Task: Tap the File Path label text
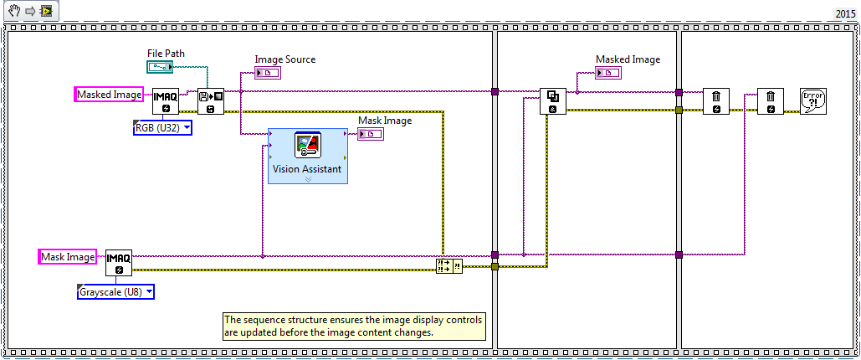pos(166,53)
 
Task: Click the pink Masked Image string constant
pos(109,95)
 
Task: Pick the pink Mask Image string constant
pos(68,256)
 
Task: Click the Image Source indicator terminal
pos(269,73)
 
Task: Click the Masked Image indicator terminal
pos(608,73)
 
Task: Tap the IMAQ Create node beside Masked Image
pos(166,101)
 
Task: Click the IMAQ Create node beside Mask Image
pos(119,263)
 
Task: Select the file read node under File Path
pos(210,101)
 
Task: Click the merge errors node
pos(448,265)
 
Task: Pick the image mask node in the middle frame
pos(552,101)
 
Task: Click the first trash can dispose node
pos(716,101)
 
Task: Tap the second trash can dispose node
pos(771,101)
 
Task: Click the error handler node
pos(813,100)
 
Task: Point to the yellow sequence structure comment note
pos(354,326)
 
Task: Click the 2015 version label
pos(846,14)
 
